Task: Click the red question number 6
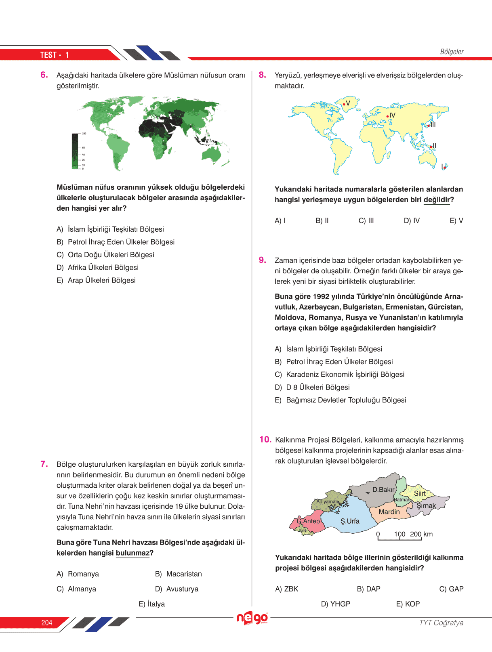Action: pyautogui.click(x=44, y=75)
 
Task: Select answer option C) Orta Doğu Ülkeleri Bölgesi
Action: pyautogui.click(x=105, y=255)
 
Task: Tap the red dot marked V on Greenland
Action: pyautogui.click(x=344, y=104)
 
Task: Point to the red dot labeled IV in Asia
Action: pyautogui.click(x=388, y=116)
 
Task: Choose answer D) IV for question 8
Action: pyautogui.click(x=412, y=221)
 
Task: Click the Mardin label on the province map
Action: pyautogui.click(x=389, y=512)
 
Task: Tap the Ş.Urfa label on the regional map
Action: pyautogui.click(x=350, y=521)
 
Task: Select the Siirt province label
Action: pyautogui.click(x=420, y=493)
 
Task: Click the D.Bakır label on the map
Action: pyautogui.click(x=383, y=490)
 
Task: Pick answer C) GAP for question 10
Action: pyautogui.click(x=451, y=589)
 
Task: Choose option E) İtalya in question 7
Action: pyautogui.click(x=151, y=604)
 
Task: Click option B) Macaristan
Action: pyautogui.click(x=179, y=574)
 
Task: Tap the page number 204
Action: pyautogui.click(x=47, y=623)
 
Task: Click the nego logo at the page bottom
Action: pyautogui.click(x=252, y=618)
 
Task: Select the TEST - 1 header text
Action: pyautogui.click(x=55, y=55)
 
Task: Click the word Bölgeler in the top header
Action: pyautogui.click(x=452, y=52)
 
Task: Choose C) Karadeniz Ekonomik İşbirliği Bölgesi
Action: pyautogui.click(x=339, y=375)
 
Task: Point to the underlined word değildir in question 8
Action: pyautogui.click(x=437, y=200)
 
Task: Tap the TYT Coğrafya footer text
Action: pyautogui.click(x=441, y=623)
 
